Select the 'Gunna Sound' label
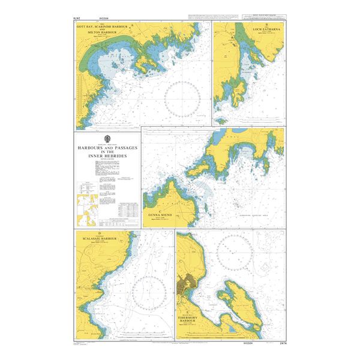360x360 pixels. (160, 214)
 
